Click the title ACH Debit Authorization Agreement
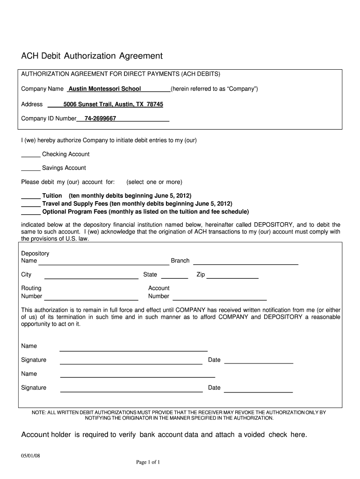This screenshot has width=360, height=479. pyautogui.click(x=92, y=56)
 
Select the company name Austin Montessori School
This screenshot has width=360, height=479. pyautogui.click(x=105, y=89)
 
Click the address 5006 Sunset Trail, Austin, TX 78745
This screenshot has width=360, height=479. pyautogui.click(x=113, y=104)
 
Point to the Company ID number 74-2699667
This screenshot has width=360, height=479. pyautogui.click(x=100, y=119)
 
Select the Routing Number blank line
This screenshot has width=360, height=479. pyautogui.click(x=91, y=299)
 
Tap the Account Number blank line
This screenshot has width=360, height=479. pyautogui.click(x=220, y=299)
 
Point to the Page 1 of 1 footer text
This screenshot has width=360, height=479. pyautogui.click(x=148, y=463)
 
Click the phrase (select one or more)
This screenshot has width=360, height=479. pyautogui.click(x=154, y=182)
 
